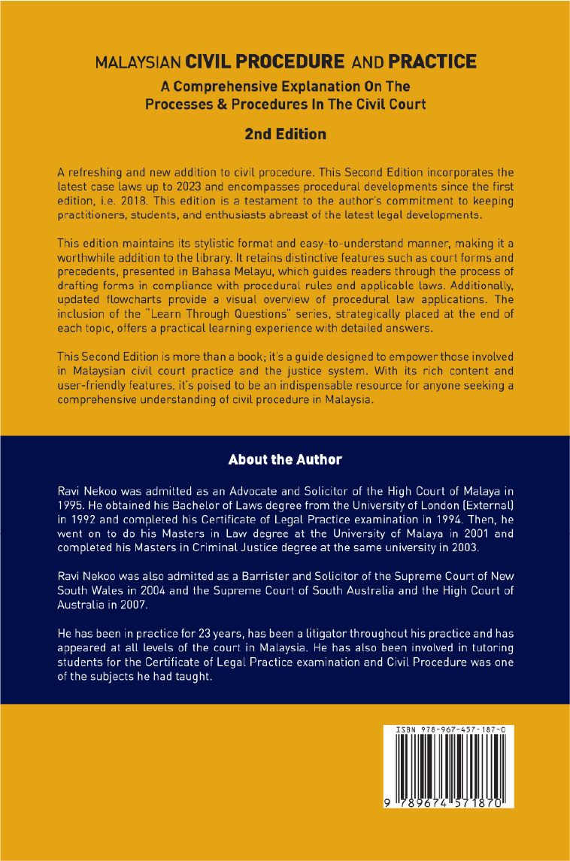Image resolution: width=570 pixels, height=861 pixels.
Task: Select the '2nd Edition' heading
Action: click(x=285, y=134)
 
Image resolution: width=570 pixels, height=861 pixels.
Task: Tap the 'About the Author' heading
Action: click(x=285, y=459)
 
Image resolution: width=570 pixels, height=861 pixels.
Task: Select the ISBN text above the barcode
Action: click(x=448, y=729)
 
